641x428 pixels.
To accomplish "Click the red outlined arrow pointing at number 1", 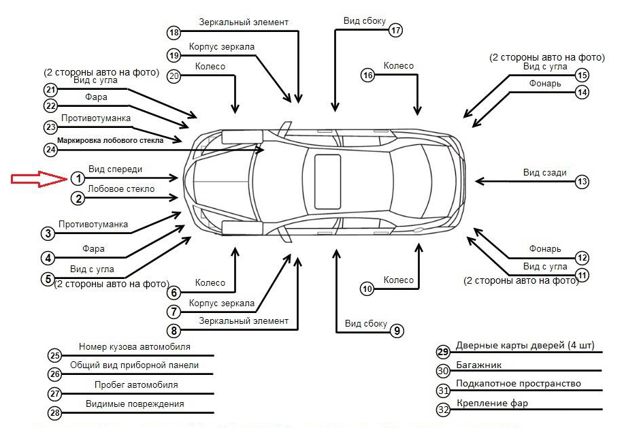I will (x=37, y=179).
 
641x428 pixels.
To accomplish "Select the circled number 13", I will (x=582, y=182).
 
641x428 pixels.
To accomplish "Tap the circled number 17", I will (x=396, y=30).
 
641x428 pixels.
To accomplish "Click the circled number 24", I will (x=50, y=149).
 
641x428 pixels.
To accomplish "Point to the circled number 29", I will (x=444, y=351).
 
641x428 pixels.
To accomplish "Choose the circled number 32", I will (x=444, y=410).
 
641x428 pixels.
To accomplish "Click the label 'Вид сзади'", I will (x=544, y=173).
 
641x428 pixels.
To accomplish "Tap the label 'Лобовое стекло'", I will (x=121, y=189).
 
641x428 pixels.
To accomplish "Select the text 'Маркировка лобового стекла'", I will (x=110, y=140).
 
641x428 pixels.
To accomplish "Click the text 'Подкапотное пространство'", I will (x=519, y=384).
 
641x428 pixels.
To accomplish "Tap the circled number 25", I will (x=55, y=355).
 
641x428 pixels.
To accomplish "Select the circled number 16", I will (x=368, y=76).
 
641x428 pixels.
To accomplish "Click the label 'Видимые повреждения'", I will (x=135, y=404).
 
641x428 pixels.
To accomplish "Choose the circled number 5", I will (x=48, y=278).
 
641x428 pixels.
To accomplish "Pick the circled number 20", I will (x=174, y=76).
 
